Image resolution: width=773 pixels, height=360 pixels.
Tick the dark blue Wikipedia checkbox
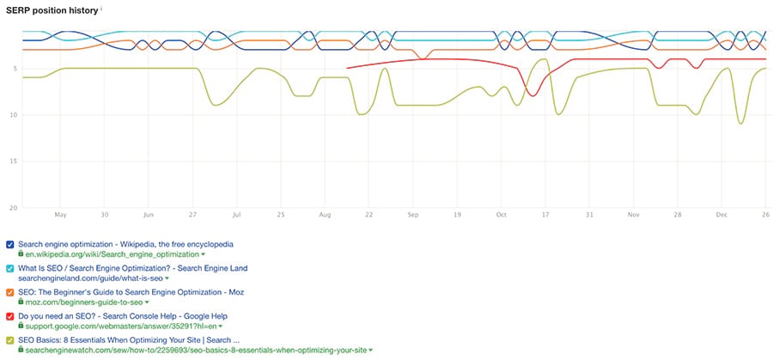(9, 244)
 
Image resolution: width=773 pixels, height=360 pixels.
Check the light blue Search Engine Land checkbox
(9, 268)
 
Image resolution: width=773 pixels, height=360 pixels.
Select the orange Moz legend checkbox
(9, 292)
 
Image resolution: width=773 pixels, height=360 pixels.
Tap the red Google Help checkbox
(9, 316)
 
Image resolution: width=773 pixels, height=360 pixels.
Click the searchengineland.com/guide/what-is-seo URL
(89, 278)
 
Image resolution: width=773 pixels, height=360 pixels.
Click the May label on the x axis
(60, 215)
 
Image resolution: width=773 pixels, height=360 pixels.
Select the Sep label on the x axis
(413, 215)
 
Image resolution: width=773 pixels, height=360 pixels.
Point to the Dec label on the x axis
(721, 215)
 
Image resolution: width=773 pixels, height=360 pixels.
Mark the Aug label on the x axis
(324, 215)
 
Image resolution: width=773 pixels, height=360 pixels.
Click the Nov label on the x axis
(633, 215)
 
